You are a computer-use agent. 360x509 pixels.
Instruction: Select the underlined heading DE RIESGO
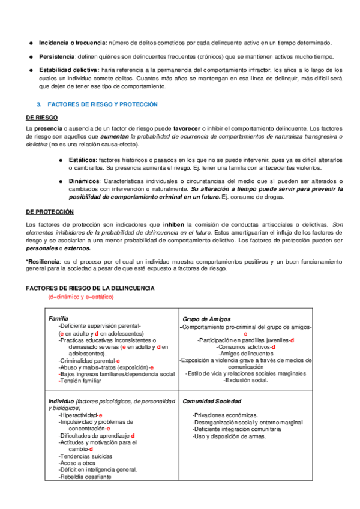point(42,118)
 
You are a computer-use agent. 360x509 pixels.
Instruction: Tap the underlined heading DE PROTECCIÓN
point(50,212)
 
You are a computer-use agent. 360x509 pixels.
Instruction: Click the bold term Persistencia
point(57,56)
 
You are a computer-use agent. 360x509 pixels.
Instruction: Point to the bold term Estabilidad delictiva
point(68,70)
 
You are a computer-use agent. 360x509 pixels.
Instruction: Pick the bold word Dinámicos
point(84,181)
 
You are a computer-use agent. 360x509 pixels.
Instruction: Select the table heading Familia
point(58,318)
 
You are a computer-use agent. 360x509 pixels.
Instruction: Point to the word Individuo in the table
point(61,400)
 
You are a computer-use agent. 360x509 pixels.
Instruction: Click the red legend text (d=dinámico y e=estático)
point(80,297)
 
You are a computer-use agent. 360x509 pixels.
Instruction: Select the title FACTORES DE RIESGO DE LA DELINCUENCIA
point(90,288)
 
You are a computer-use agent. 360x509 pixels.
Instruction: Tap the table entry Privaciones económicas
point(226,415)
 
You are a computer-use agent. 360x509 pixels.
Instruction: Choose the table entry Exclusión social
point(245,380)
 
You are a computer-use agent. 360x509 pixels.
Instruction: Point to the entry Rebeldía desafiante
point(85,477)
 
